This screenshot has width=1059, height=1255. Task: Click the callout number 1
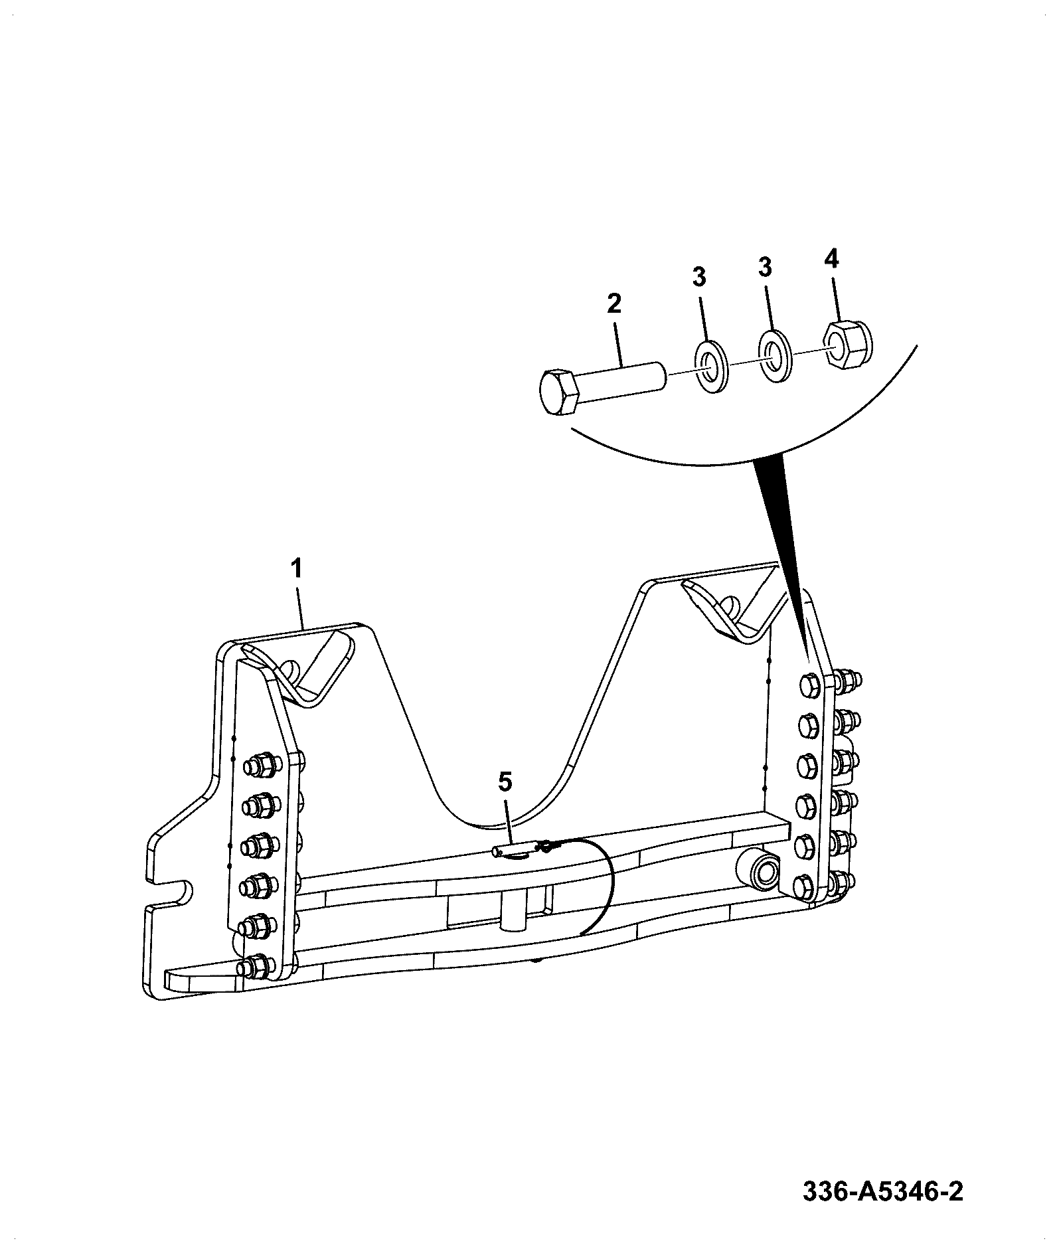click(x=297, y=569)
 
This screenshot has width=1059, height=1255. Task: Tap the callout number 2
click(x=614, y=303)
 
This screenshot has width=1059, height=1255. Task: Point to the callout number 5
click(x=505, y=783)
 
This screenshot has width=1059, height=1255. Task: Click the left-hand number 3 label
click(x=699, y=277)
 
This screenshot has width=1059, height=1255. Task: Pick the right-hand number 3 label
click(x=765, y=268)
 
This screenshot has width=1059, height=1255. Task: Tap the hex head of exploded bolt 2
click(x=559, y=392)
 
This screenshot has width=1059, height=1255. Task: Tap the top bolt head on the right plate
click(x=811, y=685)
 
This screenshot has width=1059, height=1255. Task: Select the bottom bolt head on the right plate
click(x=806, y=885)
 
